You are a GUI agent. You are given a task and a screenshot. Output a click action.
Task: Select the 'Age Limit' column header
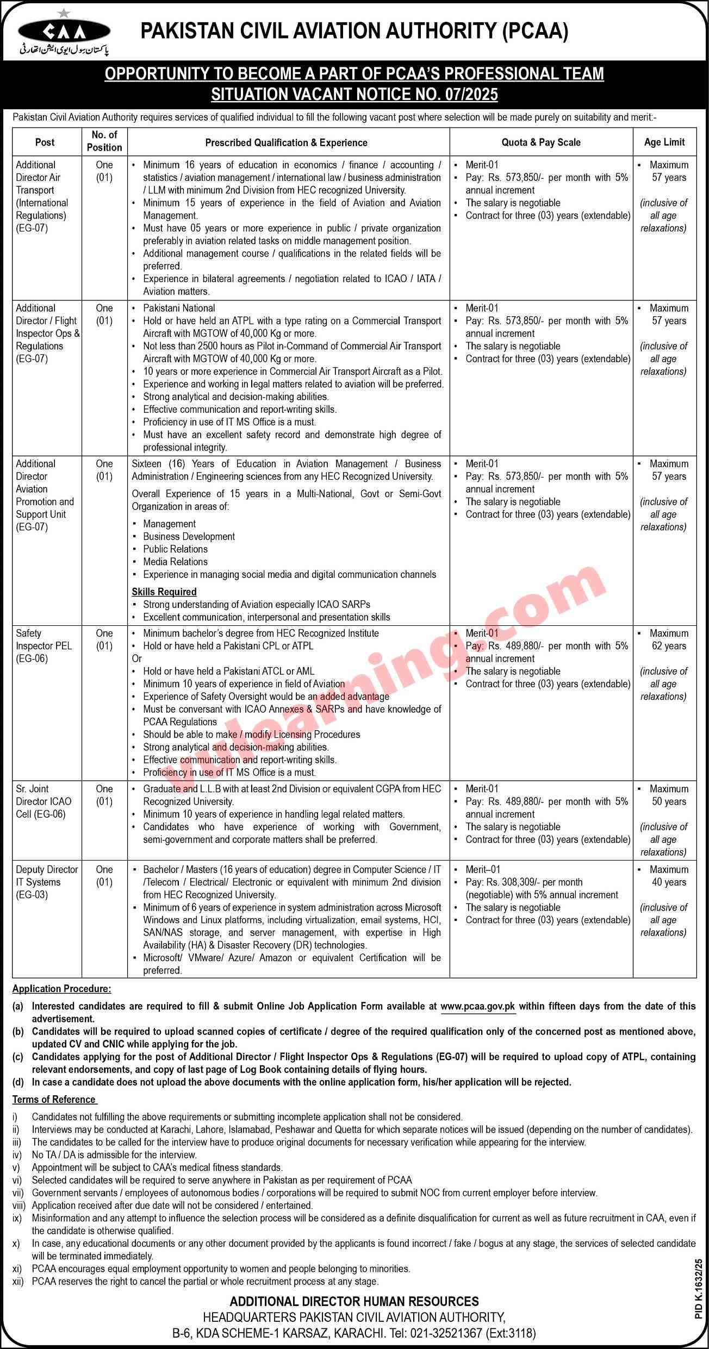coord(664,142)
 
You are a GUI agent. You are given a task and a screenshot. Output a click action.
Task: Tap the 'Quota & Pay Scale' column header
coord(540,142)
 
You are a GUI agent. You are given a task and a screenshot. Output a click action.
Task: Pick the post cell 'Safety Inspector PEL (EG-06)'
coord(44,646)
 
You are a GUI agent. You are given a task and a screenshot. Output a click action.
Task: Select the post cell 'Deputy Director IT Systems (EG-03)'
coord(47,882)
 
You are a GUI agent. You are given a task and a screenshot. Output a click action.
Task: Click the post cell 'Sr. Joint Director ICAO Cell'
coord(43,801)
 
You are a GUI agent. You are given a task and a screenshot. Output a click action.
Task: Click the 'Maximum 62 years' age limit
coord(668,639)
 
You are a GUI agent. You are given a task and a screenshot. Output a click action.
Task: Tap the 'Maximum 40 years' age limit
coord(668,876)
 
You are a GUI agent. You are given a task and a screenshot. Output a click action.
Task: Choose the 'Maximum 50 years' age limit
coord(668,795)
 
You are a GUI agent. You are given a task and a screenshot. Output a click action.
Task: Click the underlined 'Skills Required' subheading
coord(164,592)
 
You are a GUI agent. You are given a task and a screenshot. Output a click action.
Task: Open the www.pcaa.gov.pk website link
coord(477,1006)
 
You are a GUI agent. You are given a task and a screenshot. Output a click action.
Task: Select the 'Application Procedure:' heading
coord(61,988)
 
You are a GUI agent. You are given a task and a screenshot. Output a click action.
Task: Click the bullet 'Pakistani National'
coord(179,308)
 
